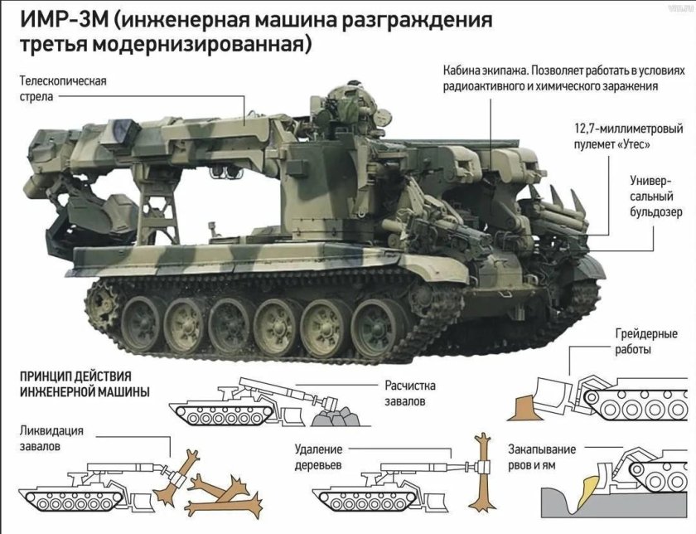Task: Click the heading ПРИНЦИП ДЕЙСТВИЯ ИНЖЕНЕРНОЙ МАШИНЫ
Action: tap(83, 384)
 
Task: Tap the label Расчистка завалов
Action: tap(409, 393)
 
